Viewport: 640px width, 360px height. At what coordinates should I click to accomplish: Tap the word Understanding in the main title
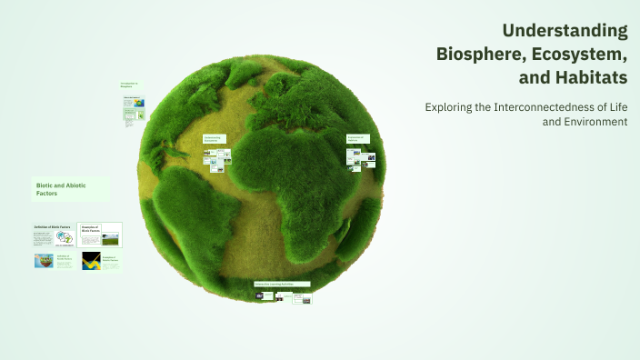point(565,30)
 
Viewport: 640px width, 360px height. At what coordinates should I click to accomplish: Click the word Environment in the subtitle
point(595,122)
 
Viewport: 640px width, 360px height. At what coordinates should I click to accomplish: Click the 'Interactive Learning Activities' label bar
point(282,284)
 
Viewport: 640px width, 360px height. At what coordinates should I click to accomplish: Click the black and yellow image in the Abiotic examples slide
point(92,262)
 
